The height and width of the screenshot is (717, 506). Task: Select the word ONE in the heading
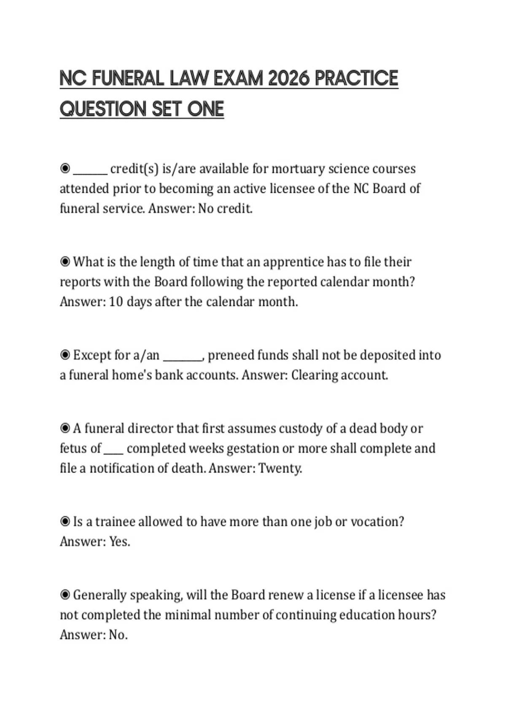tap(205, 109)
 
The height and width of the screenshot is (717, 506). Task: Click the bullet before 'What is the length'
tap(65, 262)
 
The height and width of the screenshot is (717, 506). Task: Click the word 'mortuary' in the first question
tap(298, 169)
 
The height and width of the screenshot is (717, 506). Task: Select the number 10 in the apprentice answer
tap(116, 302)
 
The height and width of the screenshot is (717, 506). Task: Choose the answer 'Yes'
tap(119, 542)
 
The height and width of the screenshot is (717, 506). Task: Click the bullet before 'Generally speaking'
tap(65, 595)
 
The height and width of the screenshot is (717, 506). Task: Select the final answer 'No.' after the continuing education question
tap(118, 635)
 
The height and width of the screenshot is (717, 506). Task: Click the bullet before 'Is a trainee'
tap(65, 522)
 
